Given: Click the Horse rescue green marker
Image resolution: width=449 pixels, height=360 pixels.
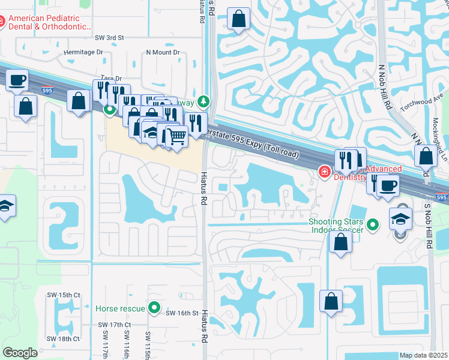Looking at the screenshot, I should [x=154, y=308].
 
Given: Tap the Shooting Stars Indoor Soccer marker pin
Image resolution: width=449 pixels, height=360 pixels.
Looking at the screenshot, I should [x=373, y=226].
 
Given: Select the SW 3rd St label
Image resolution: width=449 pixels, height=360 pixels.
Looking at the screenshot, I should [x=109, y=37].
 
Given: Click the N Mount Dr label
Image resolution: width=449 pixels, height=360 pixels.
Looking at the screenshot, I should [x=163, y=52].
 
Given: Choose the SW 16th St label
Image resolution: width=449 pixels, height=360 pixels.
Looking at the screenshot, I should [x=182, y=313].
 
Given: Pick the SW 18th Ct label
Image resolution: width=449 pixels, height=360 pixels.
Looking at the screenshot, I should [x=65, y=339].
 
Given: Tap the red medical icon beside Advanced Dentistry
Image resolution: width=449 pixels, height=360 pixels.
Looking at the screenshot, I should [x=325, y=172].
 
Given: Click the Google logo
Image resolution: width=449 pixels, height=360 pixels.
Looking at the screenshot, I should [x=20, y=352].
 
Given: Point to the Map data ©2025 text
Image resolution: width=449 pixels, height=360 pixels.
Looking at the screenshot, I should [x=423, y=355].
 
